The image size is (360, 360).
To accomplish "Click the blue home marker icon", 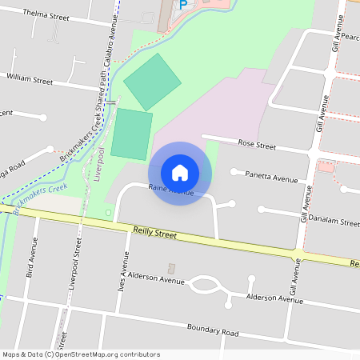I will pos(180,173).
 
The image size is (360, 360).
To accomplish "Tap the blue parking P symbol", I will pos(182,4).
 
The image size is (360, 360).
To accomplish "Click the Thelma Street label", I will pos(47,14).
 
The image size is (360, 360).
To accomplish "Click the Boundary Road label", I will pos(212,331).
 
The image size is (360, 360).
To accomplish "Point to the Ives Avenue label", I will pos(124,273).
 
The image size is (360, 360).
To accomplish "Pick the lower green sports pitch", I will pos(131,134).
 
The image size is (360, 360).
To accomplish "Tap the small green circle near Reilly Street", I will pos(108,213).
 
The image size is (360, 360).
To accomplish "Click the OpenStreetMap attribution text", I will pos(81,354).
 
